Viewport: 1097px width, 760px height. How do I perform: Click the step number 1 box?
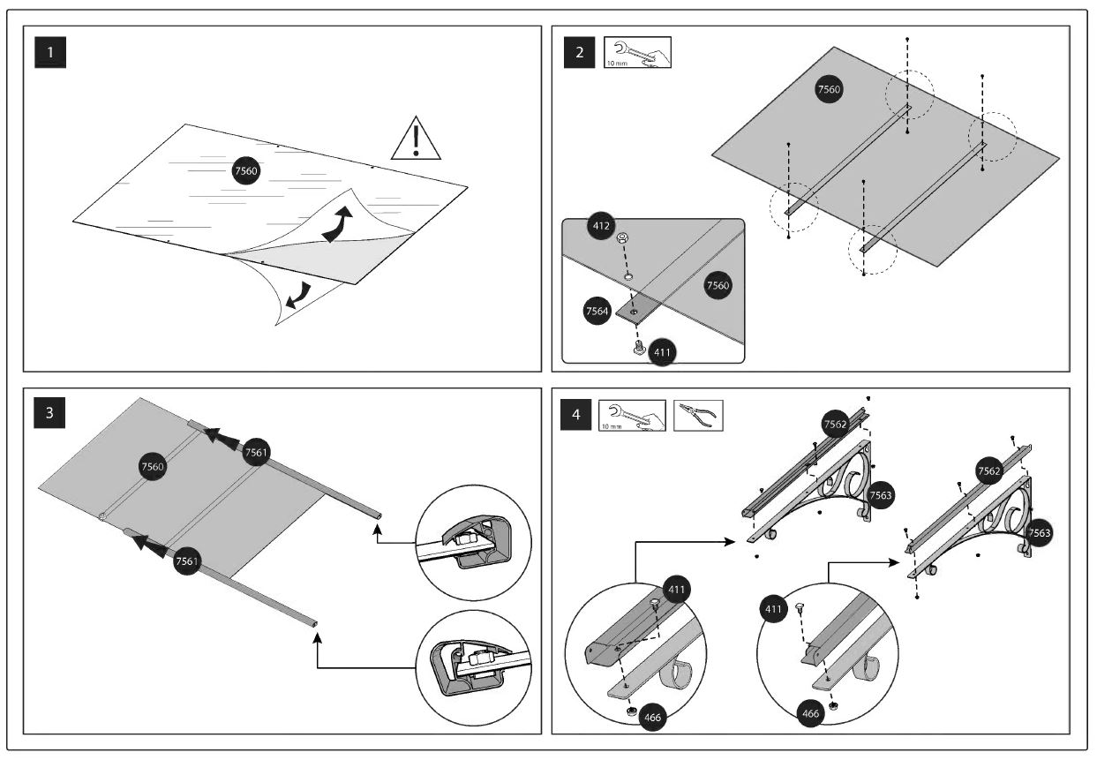(x=50, y=52)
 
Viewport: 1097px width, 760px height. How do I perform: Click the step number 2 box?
(x=579, y=52)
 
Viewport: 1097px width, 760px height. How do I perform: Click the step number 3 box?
(x=50, y=415)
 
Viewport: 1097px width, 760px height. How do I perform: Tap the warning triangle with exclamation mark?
(x=416, y=139)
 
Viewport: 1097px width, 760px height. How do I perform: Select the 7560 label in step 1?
(x=245, y=172)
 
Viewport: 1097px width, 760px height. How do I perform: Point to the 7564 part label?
(x=597, y=312)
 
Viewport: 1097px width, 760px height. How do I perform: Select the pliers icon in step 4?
(x=698, y=416)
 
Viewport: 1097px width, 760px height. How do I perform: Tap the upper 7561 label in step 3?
(x=256, y=451)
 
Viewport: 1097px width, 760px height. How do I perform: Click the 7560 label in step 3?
(x=154, y=466)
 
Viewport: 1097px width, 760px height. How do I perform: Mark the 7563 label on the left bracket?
(x=880, y=495)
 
